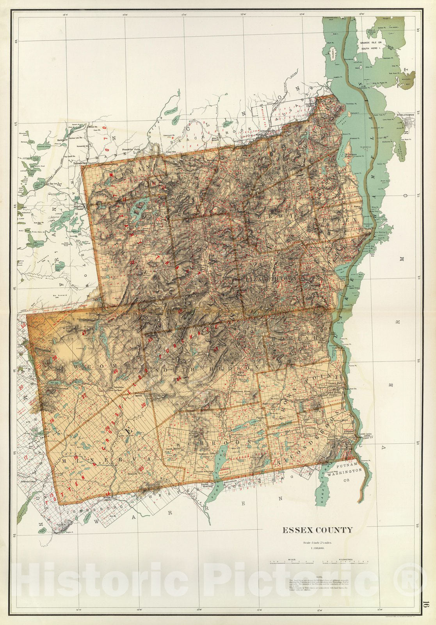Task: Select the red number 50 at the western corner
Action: pos(24,325)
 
